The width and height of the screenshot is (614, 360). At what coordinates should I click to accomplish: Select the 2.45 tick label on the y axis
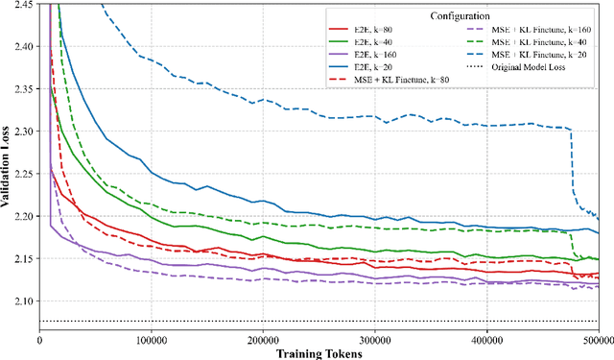pyautogui.click(x=23, y=5)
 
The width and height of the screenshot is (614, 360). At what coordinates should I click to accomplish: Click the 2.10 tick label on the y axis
pyautogui.click(x=23, y=300)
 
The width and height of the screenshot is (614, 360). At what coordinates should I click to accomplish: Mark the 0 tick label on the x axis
pyautogui.click(x=40, y=340)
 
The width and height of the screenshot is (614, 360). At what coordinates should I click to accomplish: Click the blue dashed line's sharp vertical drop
pyautogui.click(x=574, y=163)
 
